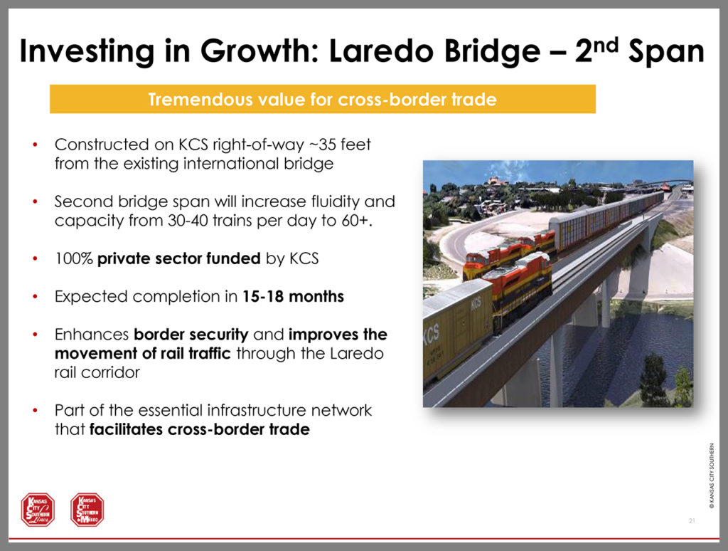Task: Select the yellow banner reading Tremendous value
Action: pos(323,99)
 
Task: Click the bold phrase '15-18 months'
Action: pos(293,297)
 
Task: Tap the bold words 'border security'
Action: pos(191,335)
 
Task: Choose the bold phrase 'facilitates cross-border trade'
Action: pos(199,429)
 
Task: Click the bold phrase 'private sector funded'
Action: pos(178,258)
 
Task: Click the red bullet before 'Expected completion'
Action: pos(36,297)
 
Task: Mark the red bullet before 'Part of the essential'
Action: pos(36,411)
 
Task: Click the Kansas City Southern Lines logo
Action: pos(38,510)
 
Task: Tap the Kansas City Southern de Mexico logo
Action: pos(87,510)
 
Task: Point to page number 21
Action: pos(692,521)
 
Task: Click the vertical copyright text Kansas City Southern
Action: pos(711,476)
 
